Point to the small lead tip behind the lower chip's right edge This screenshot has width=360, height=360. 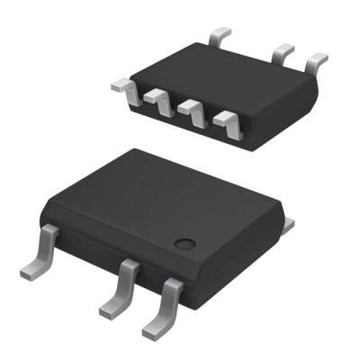tap(289, 222)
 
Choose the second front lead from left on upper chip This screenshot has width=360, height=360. tap(158, 98)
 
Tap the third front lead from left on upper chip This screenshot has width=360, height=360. tap(192, 111)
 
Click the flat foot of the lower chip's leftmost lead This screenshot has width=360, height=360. tap(31, 268)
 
